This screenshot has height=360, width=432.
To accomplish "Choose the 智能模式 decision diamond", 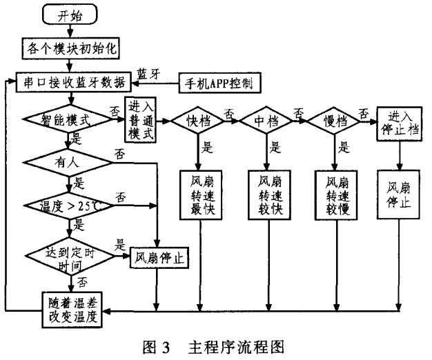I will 68,119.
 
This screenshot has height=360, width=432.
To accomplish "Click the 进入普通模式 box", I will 140,118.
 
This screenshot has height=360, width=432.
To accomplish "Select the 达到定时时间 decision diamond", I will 67,257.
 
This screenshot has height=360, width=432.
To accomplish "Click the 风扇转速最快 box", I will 199,194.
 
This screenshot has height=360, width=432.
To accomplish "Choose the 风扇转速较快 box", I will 266,194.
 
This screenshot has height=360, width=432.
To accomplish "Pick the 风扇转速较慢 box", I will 335,194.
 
